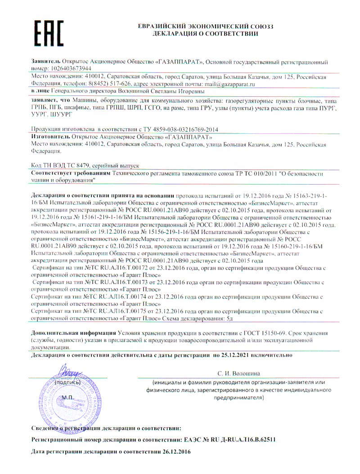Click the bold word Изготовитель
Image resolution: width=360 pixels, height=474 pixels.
(x=49, y=135)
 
